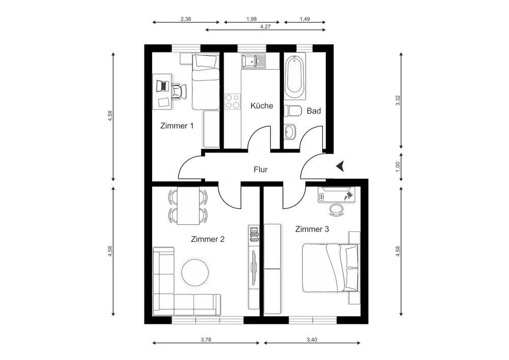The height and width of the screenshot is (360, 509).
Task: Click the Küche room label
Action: pos(262,105)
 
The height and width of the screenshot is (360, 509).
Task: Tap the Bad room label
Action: pos(314,111)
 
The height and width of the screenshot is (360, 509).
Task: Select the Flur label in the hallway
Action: pos(261,170)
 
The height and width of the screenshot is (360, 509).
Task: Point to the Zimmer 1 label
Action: pos(177,126)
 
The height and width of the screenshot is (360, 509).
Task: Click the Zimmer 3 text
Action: pos(312,229)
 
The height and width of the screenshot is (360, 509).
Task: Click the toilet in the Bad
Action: pos(292,111)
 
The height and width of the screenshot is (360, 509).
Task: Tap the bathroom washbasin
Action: pos(291,132)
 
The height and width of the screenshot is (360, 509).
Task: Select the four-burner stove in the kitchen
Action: pos(233,101)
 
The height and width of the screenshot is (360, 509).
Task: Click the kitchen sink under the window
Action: pos(253,61)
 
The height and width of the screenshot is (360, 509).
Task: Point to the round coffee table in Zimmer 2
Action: pos(195,272)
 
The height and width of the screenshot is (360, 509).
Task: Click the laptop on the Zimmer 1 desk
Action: pos(163,86)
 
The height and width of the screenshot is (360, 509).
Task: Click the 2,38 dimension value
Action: pos(186,19)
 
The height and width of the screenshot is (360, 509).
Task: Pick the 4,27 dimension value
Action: pos(265,26)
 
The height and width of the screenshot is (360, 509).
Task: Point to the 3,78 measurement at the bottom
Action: pos(206,340)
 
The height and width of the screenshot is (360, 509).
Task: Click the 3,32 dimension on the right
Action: pos(398,100)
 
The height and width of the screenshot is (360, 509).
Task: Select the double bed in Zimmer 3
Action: pos(331,268)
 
